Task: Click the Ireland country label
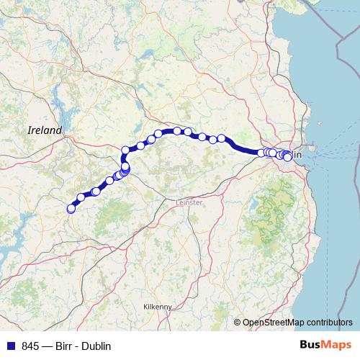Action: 45,130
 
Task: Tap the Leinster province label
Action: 189,203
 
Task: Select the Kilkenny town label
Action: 158,306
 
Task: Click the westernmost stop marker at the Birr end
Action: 71,209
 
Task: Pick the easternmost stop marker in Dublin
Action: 288,157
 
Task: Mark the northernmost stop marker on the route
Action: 176,130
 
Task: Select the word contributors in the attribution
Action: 330,323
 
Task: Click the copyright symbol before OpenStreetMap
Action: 238,323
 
